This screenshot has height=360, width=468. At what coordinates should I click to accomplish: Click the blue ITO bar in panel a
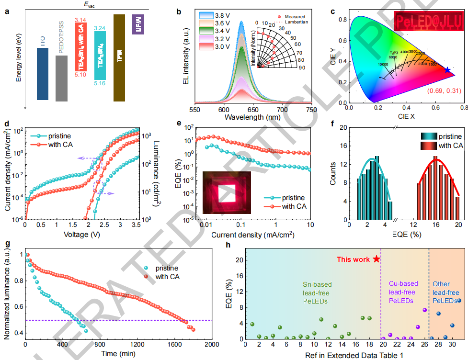42,74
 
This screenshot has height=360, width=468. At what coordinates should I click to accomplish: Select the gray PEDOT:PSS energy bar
61,78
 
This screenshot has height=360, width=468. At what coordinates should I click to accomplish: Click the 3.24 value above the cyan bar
101,28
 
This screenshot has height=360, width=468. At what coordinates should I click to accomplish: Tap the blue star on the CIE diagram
447,70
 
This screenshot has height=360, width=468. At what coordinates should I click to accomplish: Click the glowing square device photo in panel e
226,192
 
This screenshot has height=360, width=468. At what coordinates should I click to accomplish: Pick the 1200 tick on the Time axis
137,345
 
